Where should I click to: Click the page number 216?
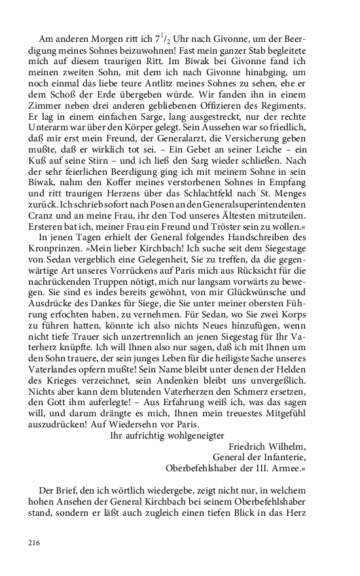point(35,542)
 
